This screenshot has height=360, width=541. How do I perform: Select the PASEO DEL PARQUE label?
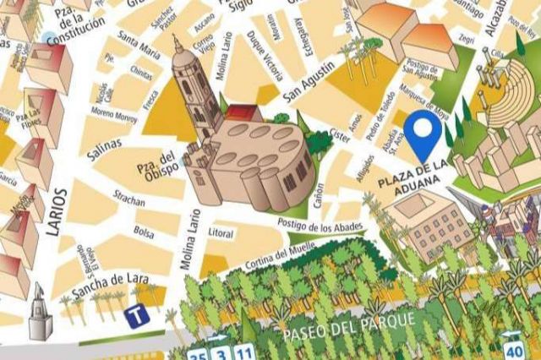(x=349, y=325)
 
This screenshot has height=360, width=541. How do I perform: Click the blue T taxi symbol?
(x=134, y=317)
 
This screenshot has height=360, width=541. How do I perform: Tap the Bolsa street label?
(x=144, y=231)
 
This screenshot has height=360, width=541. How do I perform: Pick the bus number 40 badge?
(x=513, y=348)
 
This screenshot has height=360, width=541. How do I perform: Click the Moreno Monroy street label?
(x=113, y=115)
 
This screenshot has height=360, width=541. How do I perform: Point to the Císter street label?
(x=340, y=134)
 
